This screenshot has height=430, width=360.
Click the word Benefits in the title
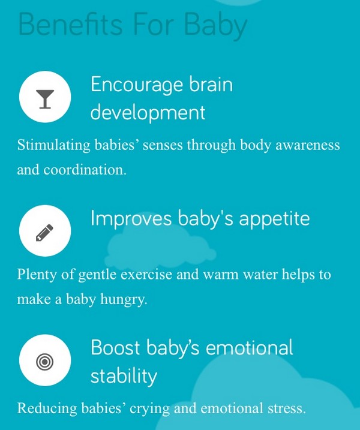tap(71, 25)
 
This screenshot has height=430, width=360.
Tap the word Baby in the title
tap(216, 26)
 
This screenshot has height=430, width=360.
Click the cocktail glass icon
tap(45, 99)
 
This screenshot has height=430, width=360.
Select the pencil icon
tap(44, 233)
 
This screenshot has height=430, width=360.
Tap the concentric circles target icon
tap(45, 362)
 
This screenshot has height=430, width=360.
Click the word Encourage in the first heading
tap(137, 86)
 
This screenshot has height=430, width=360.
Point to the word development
tap(148, 113)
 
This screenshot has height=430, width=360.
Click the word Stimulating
tap(54, 145)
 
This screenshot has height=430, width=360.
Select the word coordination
tap(85, 170)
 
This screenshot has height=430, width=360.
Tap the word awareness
tap(308, 145)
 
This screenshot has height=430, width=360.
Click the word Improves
tap(131, 219)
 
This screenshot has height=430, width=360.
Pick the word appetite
tap(274, 219)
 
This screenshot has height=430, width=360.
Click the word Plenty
tap(37, 275)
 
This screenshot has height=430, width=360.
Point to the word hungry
tap(124, 300)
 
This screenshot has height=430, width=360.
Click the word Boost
tap(116, 348)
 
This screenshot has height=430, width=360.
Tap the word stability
tap(124, 376)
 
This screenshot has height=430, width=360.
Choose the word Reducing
tap(47, 408)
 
